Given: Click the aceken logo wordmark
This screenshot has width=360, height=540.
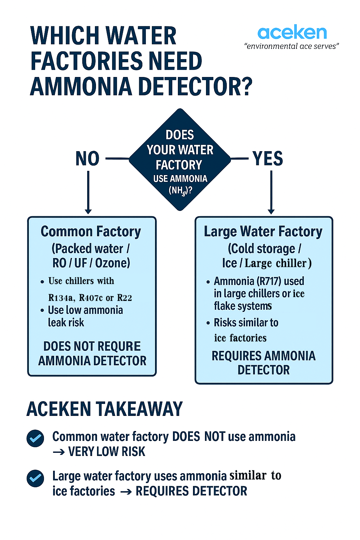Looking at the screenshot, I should click(292, 33).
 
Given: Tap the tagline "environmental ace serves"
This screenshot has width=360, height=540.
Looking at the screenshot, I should click(291, 46).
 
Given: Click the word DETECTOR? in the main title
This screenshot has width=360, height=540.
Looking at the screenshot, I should click(195, 87).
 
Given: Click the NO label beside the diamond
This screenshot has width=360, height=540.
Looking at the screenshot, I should click(88, 159).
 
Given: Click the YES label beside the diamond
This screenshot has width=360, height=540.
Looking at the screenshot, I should click(268, 159).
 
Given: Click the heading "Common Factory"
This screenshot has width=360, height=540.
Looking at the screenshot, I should click(91, 232).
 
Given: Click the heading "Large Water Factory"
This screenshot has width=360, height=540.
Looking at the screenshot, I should click(263, 232).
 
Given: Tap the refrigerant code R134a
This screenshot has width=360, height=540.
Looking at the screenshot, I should click(61, 298).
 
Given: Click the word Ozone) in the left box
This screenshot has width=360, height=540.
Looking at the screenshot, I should click(112, 263).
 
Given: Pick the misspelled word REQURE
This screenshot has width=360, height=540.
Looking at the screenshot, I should click(117, 346).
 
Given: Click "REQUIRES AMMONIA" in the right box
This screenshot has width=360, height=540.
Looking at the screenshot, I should click(263, 356).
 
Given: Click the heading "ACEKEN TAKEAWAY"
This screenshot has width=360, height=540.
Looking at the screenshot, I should click(104, 409).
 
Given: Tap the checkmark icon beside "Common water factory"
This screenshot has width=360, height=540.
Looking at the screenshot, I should click(36, 438).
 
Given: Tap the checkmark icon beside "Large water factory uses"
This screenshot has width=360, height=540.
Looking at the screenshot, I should click(36, 478).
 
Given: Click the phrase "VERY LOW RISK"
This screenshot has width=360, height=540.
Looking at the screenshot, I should click(107, 452).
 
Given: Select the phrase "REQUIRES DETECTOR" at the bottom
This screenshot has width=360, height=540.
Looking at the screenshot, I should click(191, 491).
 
